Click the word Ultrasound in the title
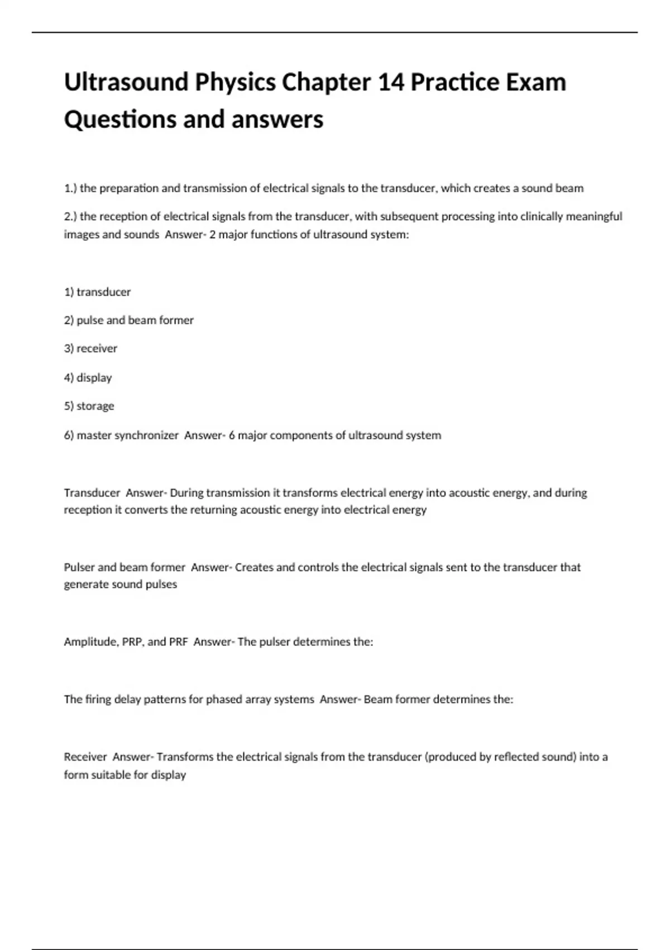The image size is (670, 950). [126, 82]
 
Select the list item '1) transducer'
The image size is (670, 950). [97, 292]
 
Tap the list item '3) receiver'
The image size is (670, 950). [90, 348]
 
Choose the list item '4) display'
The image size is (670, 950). [88, 378]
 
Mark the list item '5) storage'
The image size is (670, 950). [89, 406]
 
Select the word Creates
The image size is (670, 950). [254, 567]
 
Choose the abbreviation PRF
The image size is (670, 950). [178, 642]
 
